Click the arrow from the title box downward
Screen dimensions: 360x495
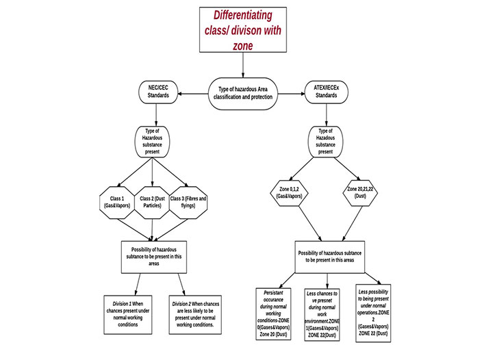(242, 66)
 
